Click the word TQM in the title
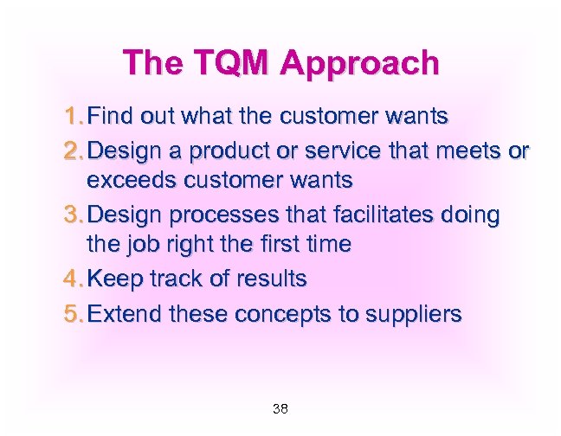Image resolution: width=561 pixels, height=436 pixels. (x=229, y=63)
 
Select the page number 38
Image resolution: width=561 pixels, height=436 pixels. (x=280, y=408)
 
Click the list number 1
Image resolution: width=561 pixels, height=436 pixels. (x=73, y=115)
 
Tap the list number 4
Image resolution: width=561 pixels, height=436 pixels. (x=73, y=279)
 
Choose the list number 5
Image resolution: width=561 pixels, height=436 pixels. (x=73, y=313)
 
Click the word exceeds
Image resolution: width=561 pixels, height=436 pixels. (x=133, y=181)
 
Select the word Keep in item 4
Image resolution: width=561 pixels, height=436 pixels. (x=113, y=279)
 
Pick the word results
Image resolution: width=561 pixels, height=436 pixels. (x=271, y=279)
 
